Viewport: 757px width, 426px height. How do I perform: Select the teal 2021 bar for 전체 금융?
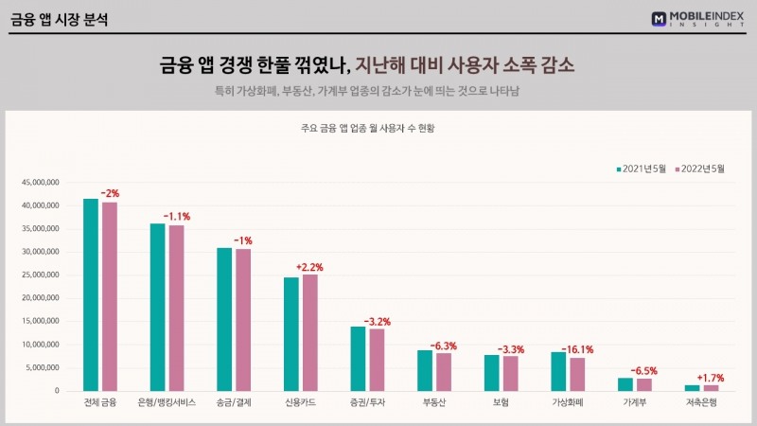coord(91,294)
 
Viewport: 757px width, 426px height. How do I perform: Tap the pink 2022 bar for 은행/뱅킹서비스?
coord(176,308)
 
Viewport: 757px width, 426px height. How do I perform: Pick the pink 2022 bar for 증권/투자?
coord(377,360)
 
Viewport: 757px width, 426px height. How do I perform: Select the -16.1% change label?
coord(580,349)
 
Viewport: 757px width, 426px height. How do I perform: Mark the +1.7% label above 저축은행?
coord(710,378)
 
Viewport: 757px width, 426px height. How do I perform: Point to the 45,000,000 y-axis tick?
coord(40,182)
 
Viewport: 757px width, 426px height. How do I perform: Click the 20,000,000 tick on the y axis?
coord(40,298)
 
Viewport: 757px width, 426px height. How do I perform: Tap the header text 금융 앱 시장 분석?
coord(59,19)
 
